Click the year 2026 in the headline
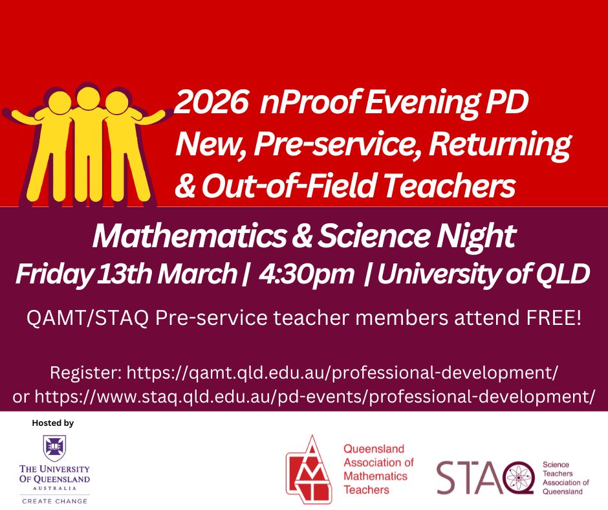tap(212, 102)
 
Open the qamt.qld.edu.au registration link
tap(343, 373)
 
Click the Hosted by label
tap(53, 423)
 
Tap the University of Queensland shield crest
tap(55, 448)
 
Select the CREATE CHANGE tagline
tap(55, 501)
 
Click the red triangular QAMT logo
tap(309, 470)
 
